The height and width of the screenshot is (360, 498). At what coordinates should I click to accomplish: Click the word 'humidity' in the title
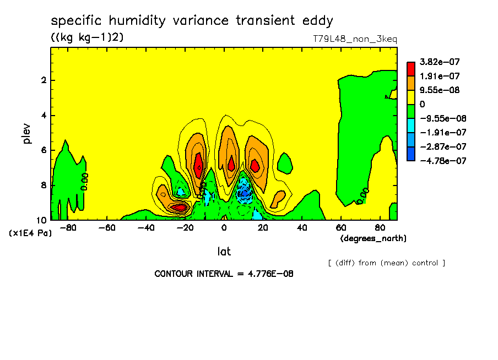click(138, 21)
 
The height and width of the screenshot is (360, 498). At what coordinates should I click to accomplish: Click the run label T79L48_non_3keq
click(355, 39)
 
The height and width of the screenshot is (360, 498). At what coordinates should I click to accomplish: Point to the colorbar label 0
click(423, 104)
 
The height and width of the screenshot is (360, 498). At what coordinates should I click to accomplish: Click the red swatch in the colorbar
click(410, 68)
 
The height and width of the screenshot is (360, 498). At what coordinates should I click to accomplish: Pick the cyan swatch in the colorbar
click(410, 125)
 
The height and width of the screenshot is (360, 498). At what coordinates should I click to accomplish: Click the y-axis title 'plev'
click(26, 134)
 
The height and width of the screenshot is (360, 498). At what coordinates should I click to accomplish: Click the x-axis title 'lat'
click(224, 252)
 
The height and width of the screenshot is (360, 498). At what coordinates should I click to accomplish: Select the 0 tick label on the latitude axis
click(224, 227)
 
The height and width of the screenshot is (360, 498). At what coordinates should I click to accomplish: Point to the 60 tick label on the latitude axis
click(340, 227)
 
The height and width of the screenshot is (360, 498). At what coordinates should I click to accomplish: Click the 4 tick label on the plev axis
click(42, 116)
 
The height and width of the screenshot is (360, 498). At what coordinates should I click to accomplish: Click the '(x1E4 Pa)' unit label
click(30, 233)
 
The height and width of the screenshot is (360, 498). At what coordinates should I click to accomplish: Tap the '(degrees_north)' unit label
click(373, 238)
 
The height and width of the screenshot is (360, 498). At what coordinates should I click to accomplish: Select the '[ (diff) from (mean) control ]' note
click(386, 263)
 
